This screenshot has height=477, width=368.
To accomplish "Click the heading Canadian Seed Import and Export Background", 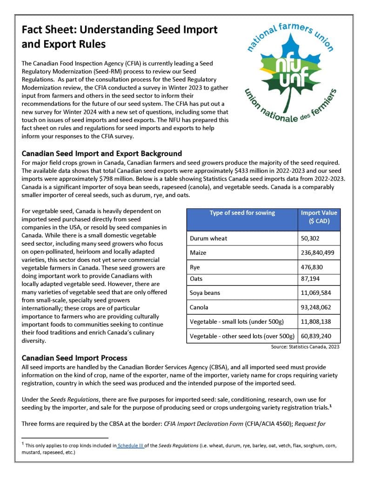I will coord(102,154).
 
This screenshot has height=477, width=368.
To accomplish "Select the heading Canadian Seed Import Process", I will coord(74,358).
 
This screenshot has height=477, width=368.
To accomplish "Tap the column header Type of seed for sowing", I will coord(242,213).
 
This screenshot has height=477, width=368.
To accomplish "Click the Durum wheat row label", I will coord(208,238).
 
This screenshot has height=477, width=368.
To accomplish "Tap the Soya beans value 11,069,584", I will coord(318,293).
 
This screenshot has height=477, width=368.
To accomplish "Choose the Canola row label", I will coord(199,307).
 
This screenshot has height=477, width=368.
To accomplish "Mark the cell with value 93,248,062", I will coord(318,307).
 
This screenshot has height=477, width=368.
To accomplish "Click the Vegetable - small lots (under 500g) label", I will coord(237,322).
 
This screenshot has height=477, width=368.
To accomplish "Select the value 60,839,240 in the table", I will coord(318,336).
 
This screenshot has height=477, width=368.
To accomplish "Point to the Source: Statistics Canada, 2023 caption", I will coord(305,347).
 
